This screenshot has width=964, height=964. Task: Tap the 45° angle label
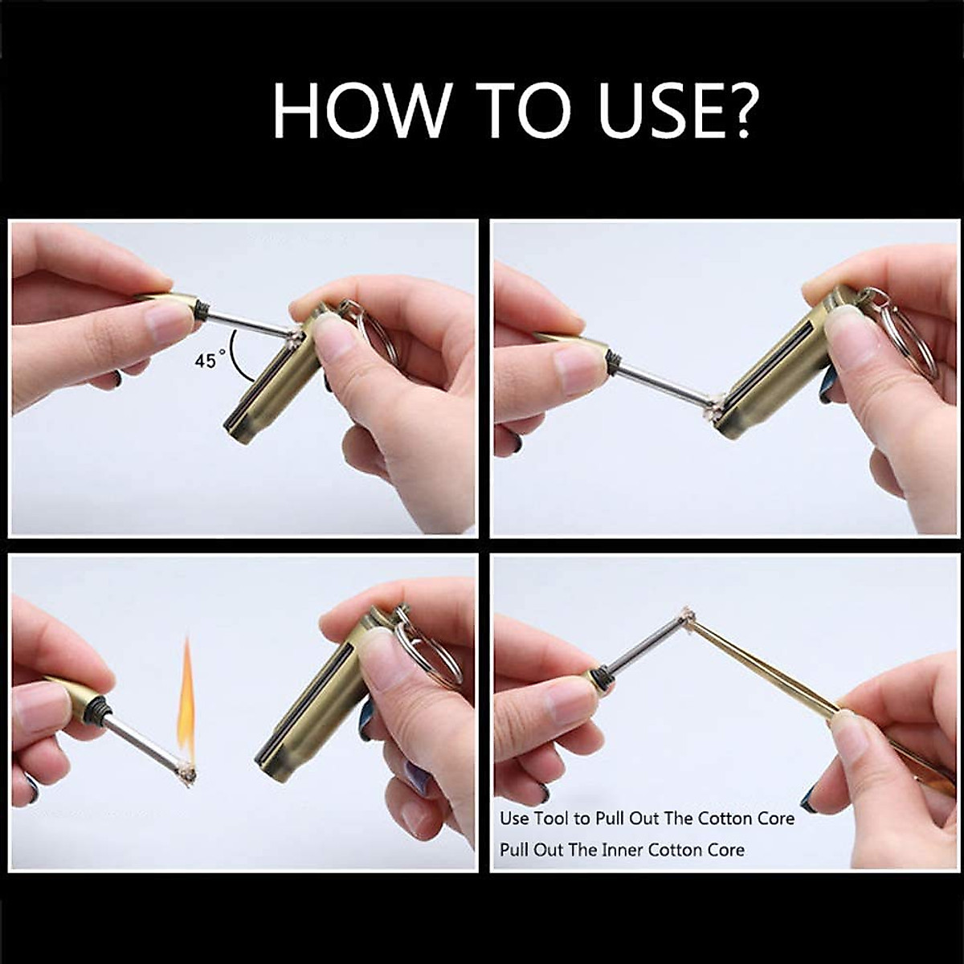[206, 361]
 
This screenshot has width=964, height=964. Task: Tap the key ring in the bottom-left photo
[426, 651]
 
